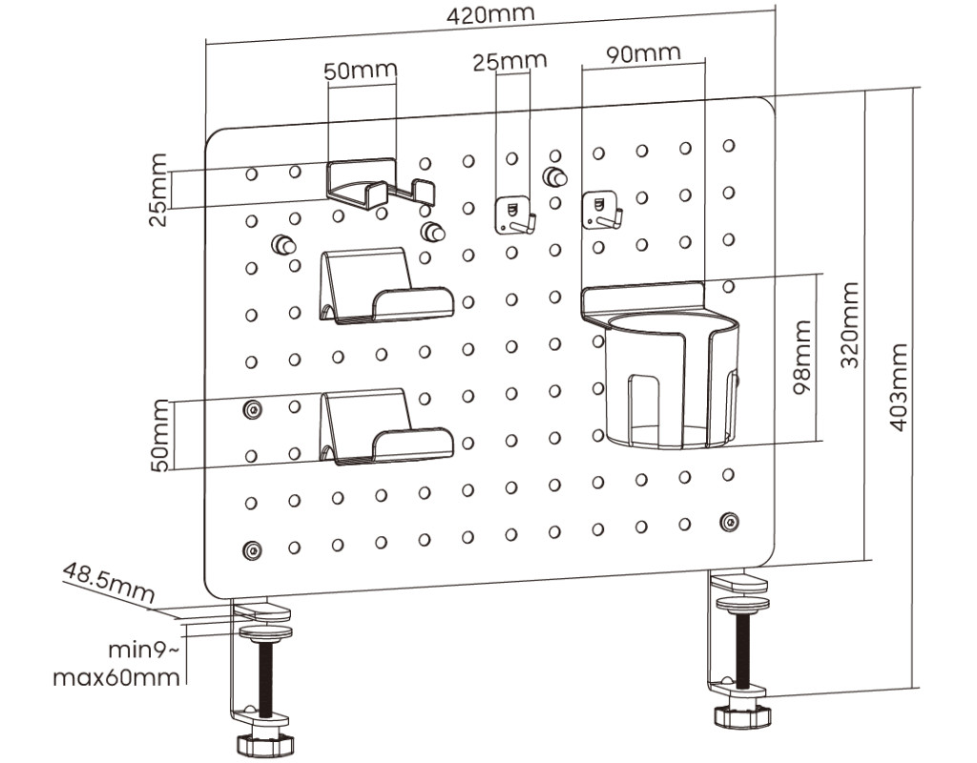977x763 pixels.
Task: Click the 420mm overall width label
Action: (x=491, y=15)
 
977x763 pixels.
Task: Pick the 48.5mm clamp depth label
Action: (x=108, y=583)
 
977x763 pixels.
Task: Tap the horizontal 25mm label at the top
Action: (x=509, y=61)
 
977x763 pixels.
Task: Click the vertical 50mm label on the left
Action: (x=158, y=435)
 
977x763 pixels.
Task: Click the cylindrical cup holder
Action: (x=673, y=381)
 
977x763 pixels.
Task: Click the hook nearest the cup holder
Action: (x=601, y=209)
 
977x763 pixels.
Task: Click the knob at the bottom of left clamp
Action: (x=266, y=740)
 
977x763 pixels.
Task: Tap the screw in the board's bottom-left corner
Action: (x=252, y=550)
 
